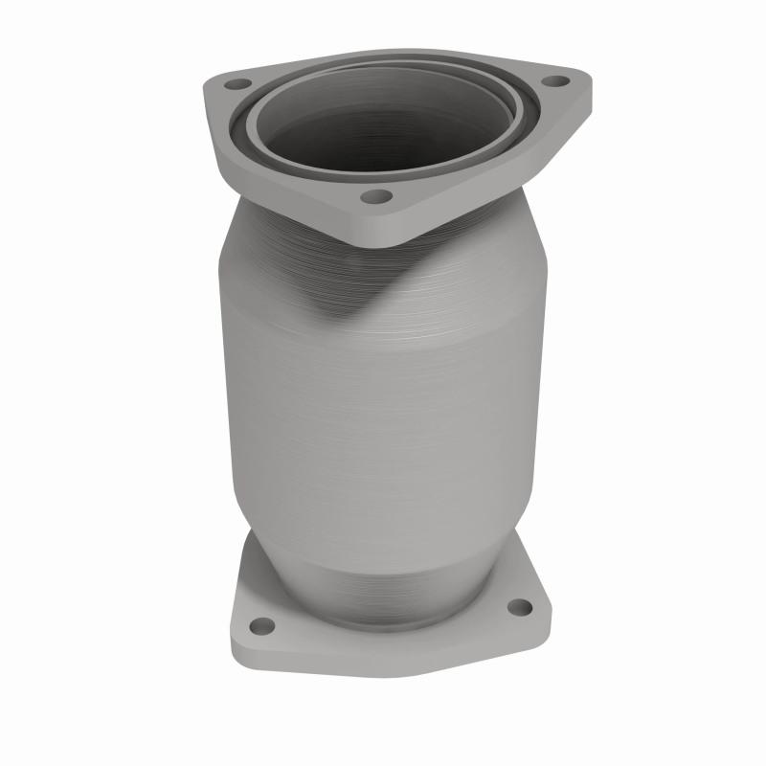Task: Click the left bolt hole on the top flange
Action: click(233, 84)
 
